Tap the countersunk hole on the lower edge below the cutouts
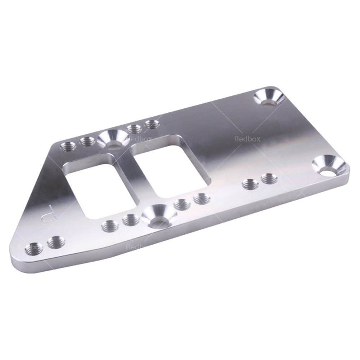tap(159, 218)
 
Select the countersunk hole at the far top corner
tap(269, 98)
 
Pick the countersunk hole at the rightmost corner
tap(329, 167)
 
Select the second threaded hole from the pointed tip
tap(56, 242)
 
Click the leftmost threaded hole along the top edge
tap(68, 146)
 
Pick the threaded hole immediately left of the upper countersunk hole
tap(87, 142)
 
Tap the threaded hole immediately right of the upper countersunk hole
tap(134, 129)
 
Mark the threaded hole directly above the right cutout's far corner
tap(152, 125)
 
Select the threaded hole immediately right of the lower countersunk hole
tap(182, 205)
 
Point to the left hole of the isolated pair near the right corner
tap(250, 184)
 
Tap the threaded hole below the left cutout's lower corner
tap(110, 226)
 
